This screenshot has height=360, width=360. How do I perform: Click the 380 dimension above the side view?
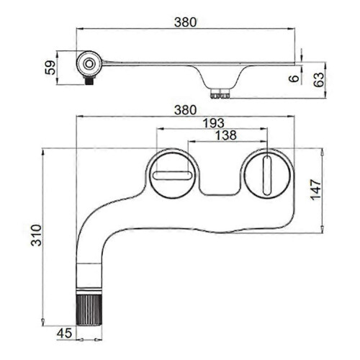[x=185, y=22]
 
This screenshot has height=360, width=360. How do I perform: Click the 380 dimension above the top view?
[x=185, y=110]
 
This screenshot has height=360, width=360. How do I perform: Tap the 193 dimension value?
[x=213, y=123]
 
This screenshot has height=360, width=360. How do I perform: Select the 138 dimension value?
[x=226, y=135]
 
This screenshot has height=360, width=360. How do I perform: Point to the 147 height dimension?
[x=315, y=189]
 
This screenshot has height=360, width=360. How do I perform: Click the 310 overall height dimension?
[x=37, y=235]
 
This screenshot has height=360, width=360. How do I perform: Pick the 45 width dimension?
[x=64, y=333]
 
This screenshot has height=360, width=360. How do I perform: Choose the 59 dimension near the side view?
[x=50, y=68]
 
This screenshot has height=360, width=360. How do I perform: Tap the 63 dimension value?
[x=319, y=80]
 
